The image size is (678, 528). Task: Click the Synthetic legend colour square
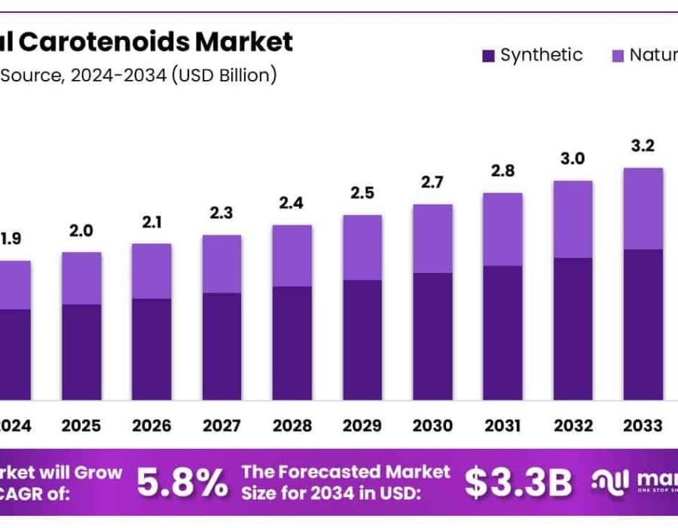(487, 55)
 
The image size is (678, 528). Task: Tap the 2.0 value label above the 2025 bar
(81, 231)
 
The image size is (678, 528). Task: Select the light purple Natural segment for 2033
(643, 209)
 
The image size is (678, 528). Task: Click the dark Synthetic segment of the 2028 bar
(292, 342)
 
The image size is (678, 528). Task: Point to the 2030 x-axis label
(432, 425)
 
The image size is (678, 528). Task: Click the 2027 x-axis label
(221, 425)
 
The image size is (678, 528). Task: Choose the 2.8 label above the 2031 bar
(502, 170)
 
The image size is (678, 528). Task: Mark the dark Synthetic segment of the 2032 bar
(573, 328)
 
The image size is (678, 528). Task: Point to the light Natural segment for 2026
(151, 271)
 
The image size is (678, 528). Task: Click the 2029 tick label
(362, 425)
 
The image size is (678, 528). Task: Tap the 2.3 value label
(221, 213)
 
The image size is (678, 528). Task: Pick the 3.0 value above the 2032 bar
(573, 158)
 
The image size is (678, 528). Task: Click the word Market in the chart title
(244, 41)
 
